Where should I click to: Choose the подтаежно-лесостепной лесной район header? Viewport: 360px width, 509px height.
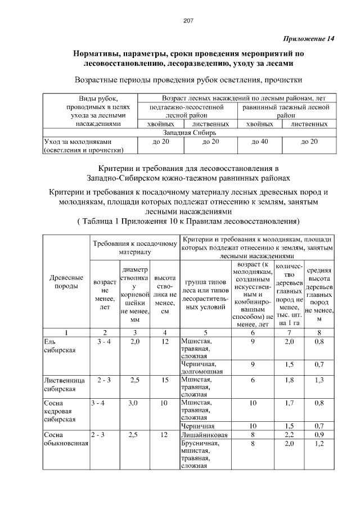187,110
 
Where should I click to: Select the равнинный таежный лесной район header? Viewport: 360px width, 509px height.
286,110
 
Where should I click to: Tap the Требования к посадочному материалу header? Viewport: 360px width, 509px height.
134,248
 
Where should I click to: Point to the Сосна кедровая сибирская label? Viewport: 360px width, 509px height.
60,411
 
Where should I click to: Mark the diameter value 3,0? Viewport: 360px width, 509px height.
134,403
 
